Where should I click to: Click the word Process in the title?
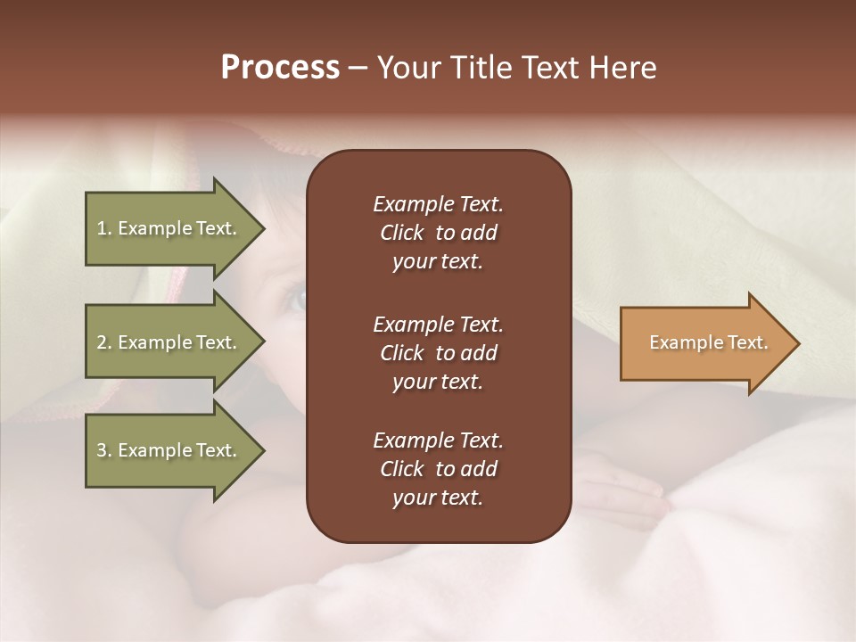280,68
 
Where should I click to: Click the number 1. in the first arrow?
104,228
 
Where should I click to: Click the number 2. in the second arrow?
104,342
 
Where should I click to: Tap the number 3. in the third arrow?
104,450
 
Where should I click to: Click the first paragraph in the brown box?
438,233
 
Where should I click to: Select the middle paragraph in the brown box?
438,352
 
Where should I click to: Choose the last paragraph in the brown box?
438,469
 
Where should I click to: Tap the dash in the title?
358,69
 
